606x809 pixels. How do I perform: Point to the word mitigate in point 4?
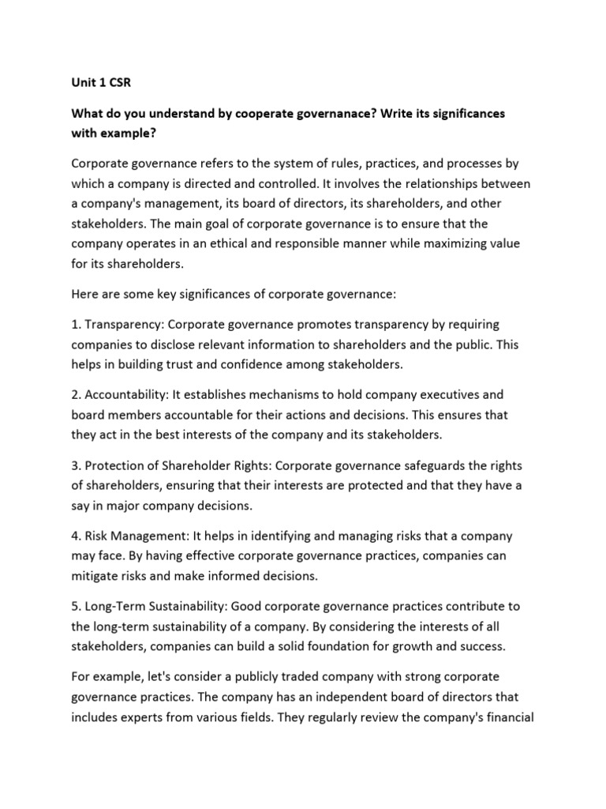[x=95, y=576]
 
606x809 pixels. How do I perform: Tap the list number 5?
[x=76, y=606]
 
